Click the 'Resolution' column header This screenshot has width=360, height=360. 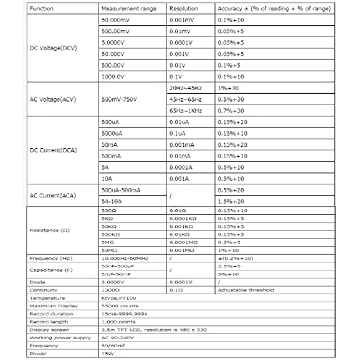point(184,9)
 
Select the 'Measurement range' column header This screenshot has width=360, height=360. point(129,9)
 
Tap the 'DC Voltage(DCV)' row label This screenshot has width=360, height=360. point(53,48)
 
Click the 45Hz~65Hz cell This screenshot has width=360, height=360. point(186,99)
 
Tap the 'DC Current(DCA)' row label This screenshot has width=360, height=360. point(53,150)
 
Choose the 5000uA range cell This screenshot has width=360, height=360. point(112,134)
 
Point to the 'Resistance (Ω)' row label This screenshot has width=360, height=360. point(49,230)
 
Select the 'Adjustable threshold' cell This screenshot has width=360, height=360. point(246,290)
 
